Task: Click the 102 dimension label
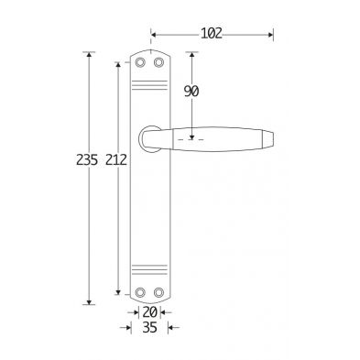[x=212, y=33]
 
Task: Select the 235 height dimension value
[x=87, y=159]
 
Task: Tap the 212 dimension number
[x=116, y=159]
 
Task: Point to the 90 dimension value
[x=191, y=92]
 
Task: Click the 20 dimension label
[x=149, y=312]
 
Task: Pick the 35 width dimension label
[x=149, y=328]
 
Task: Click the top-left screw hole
[x=140, y=62]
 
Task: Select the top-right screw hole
[x=158, y=62]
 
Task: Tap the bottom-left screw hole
[x=140, y=292]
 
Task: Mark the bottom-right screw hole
[x=158, y=292]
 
